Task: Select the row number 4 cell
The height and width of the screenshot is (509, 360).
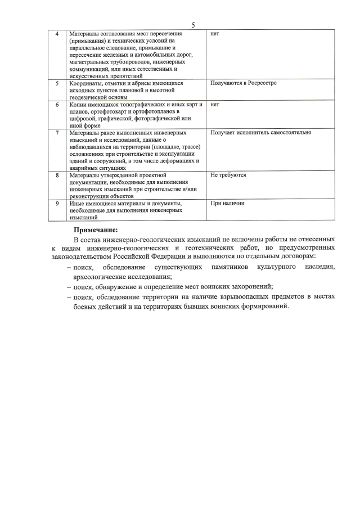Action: coord(56,34)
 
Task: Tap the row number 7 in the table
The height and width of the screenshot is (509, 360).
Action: coord(56,133)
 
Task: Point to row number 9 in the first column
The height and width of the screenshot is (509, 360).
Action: coord(56,203)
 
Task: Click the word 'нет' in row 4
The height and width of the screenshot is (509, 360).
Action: coord(214,34)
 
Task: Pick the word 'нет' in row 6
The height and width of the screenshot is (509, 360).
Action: coord(214,105)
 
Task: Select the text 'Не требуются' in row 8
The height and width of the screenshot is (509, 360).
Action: coord(228,175)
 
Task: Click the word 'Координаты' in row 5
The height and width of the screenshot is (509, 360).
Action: coord(86,83)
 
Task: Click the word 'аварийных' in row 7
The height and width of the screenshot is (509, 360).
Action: coord(85,168)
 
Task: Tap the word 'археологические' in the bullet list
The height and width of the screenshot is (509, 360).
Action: coord(105,276)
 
